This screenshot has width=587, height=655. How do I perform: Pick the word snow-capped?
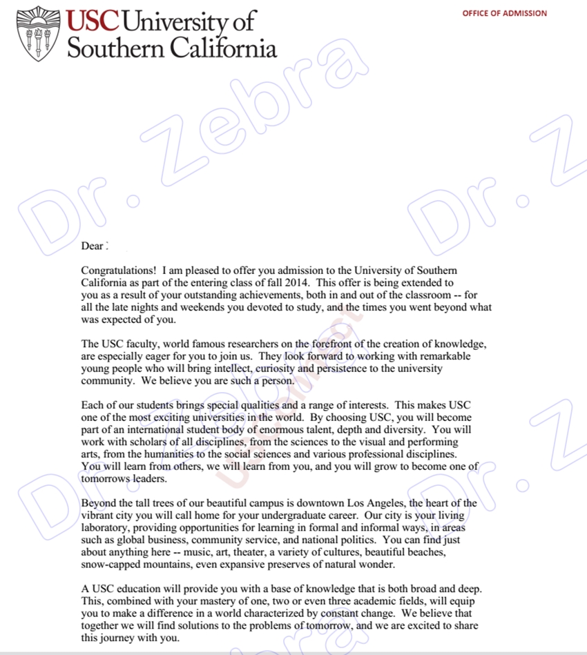click(110, 565)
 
